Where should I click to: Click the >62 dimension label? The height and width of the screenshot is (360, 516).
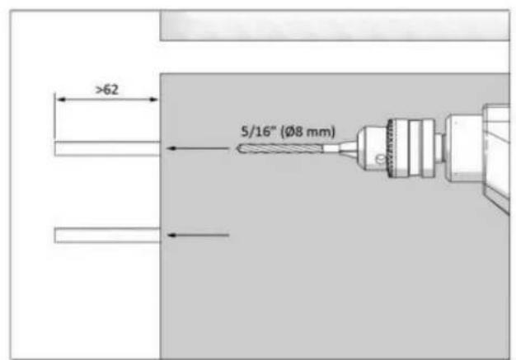[107, 90]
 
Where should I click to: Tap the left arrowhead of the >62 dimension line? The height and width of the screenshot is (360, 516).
[61, 100]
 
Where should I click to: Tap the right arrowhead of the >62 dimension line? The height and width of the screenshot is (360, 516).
[153, 100]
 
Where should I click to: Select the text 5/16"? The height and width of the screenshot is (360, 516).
[258, 132]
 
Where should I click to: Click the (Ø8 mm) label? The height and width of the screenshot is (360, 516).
[307, 132]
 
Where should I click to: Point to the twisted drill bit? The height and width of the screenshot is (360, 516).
[279, 148]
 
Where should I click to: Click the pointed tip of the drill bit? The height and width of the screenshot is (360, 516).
[237, 148]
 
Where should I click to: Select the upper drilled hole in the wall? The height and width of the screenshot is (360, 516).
[107, 148]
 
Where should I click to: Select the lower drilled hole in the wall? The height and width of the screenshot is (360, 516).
[107, 235]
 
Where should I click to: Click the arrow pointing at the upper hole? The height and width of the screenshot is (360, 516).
[198, 148]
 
